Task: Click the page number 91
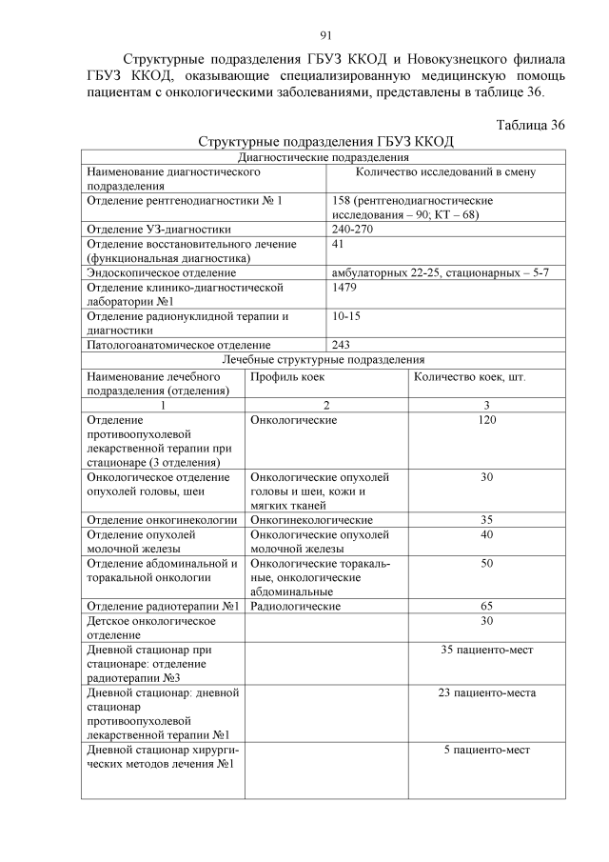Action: tap(324, 37)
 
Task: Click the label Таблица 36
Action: tap(531, 125)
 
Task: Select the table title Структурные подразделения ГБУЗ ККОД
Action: tap(325, 142)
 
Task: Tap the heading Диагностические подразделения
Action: tap(324, 157)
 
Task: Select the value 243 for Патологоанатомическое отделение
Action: tap(342, 344)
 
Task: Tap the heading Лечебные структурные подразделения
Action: tap(324, 359)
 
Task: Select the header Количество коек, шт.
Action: tap(470, 376)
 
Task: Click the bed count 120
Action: tap(486, 419)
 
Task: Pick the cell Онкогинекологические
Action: tap(310, 520)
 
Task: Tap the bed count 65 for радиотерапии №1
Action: tap(486, 606)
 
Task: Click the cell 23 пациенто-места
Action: tap(486, 692)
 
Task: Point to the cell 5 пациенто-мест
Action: tap(486, 750)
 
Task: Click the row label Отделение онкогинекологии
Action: tap(161, 520)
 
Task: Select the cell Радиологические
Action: tap(295, 606)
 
